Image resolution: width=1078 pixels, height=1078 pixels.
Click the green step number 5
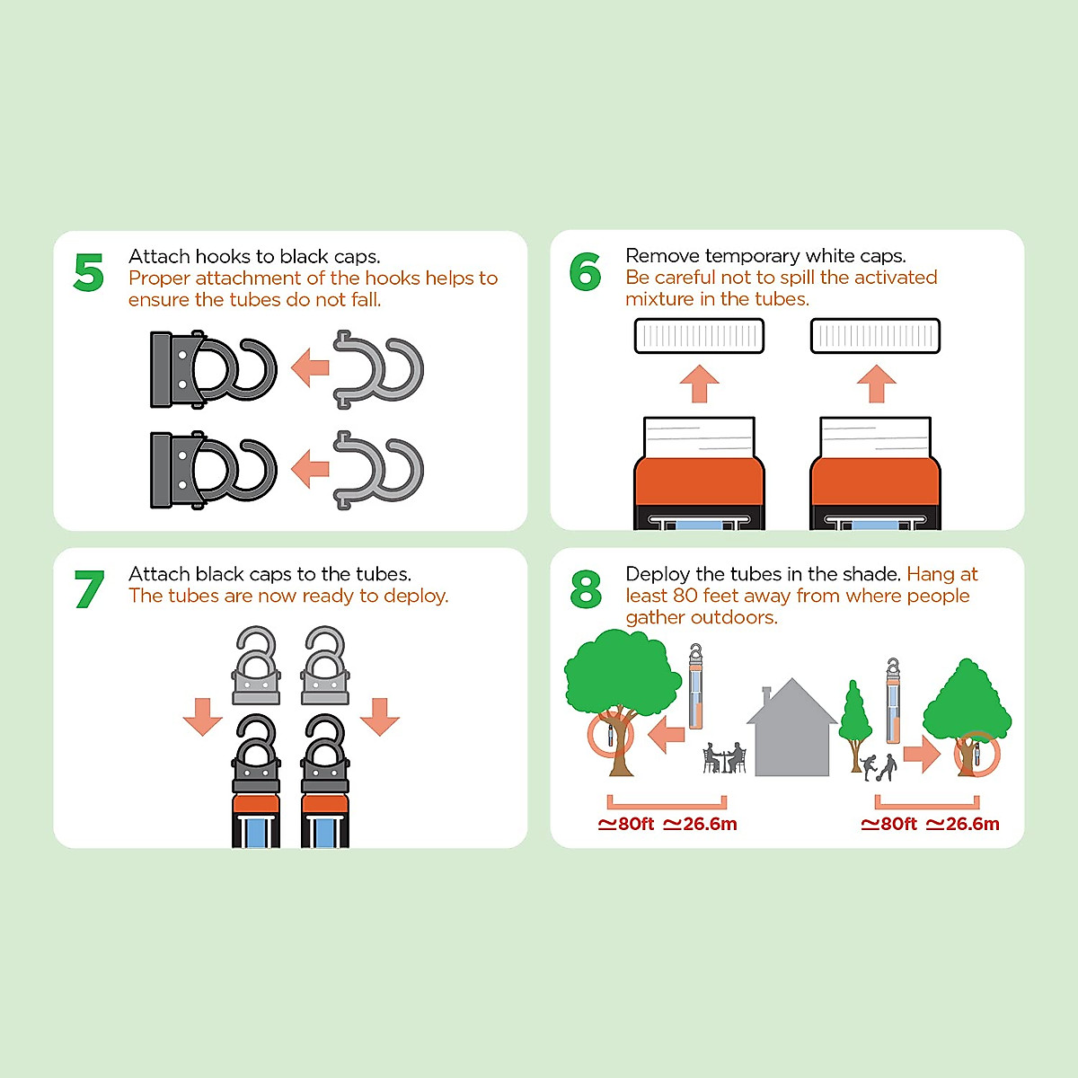point(89,272)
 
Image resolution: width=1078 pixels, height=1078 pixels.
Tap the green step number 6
point(586,272)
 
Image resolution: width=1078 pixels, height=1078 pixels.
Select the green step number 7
point(90,589)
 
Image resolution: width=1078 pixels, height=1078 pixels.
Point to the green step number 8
point(587,589)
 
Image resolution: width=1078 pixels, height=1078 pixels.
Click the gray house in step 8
point(791,728)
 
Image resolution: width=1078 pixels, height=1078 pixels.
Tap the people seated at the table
point(724,758)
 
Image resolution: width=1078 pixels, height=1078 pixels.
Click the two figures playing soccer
point(879,767)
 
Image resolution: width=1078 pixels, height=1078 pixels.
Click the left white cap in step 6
point(699,336)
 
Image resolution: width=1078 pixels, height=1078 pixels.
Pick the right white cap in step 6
point(876,336)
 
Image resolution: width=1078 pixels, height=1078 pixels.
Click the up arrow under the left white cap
point(699,384)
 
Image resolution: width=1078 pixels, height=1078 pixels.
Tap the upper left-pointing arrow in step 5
point(310,367)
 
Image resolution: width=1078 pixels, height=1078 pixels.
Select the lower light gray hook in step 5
point(378,470)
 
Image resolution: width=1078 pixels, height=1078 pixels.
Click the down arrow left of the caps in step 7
point(202,717)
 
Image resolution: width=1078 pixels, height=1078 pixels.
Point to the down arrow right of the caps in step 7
point(380,717)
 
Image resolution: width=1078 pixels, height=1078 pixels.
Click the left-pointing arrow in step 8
point(666,734)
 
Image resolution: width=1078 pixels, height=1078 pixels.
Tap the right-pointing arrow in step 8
point(922,754)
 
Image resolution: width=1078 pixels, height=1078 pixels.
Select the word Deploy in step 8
point(658,575)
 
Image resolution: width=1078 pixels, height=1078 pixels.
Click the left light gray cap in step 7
point(256,665)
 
